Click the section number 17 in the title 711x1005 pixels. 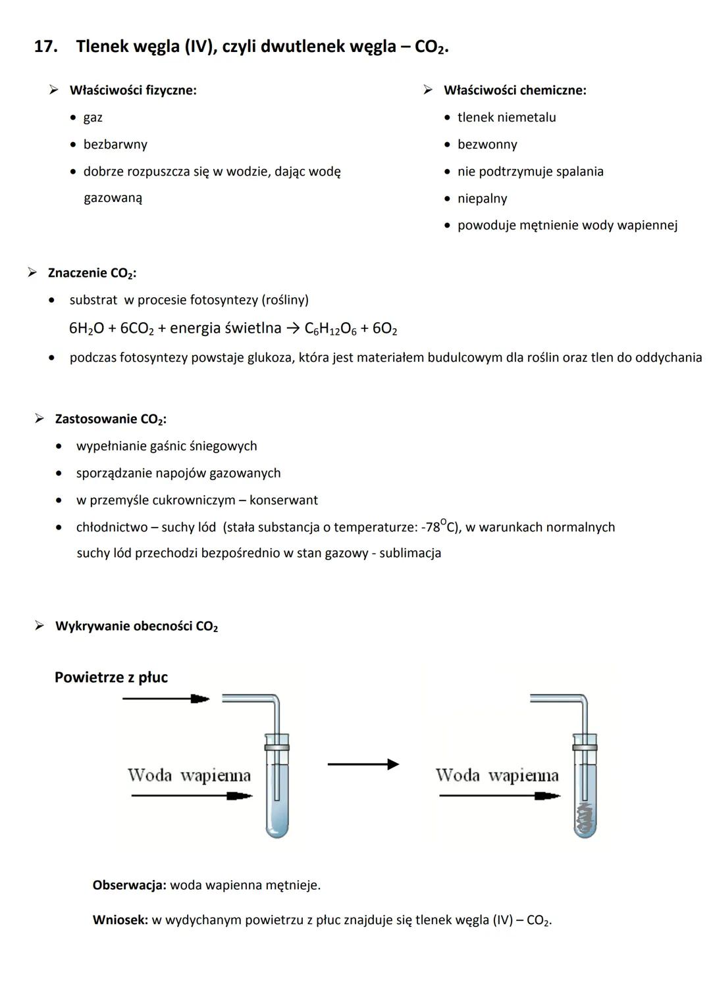44,47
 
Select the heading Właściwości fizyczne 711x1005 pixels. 132,90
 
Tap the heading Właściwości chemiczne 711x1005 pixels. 514,90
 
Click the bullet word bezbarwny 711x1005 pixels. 115,144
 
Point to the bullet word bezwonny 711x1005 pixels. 487,144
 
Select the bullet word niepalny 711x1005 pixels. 482,198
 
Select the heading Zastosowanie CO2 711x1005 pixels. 110,419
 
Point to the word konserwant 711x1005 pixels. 283,500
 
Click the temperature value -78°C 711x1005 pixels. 442,527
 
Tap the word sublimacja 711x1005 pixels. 410,553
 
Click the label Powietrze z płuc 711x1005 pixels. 111,677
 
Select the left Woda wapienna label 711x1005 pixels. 189,775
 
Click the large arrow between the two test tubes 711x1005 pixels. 363,764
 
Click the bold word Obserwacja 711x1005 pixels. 129,885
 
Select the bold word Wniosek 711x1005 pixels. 120,920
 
